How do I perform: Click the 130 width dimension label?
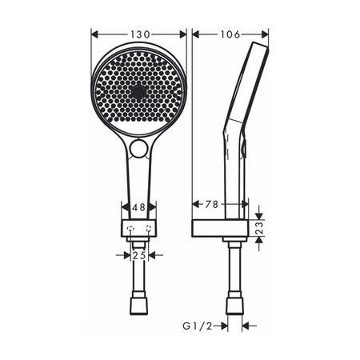139,34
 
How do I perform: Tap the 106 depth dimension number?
230,34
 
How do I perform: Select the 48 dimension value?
138,206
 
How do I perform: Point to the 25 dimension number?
138,256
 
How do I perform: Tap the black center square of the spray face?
139,93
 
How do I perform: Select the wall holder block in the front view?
138,230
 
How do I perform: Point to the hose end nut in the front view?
138,306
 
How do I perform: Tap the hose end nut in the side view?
234,306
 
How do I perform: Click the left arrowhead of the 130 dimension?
94,34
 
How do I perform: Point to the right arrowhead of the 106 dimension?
266,34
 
